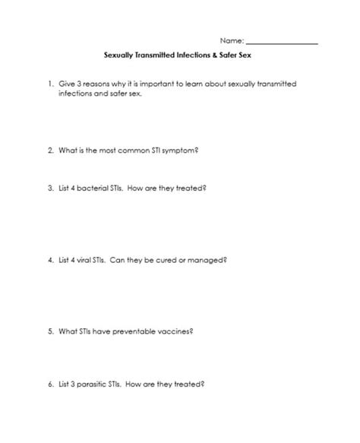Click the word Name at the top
click(x=232, y=40)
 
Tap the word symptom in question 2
click(x=180, y=151)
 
